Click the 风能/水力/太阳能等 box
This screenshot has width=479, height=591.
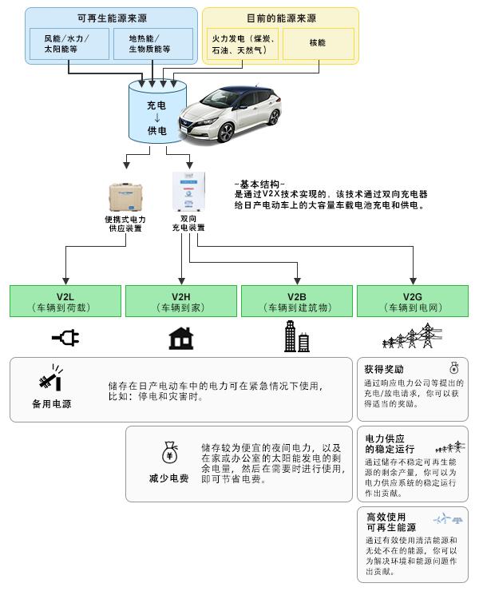[x=67, y=45]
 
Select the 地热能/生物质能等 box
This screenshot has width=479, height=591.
[x=154, y=45]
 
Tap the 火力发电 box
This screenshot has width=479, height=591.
[x=244, y=45]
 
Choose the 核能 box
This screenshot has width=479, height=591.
[x=315, y=45]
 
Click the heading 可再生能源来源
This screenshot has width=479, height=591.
[x=111, y=18]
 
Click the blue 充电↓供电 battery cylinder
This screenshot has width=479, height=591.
[x=156, y=112]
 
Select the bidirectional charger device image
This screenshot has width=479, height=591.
[x=188, y=192]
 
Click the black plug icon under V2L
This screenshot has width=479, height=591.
[x=66, y=339]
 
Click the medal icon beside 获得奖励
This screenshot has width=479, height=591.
[x=454, y=368]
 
